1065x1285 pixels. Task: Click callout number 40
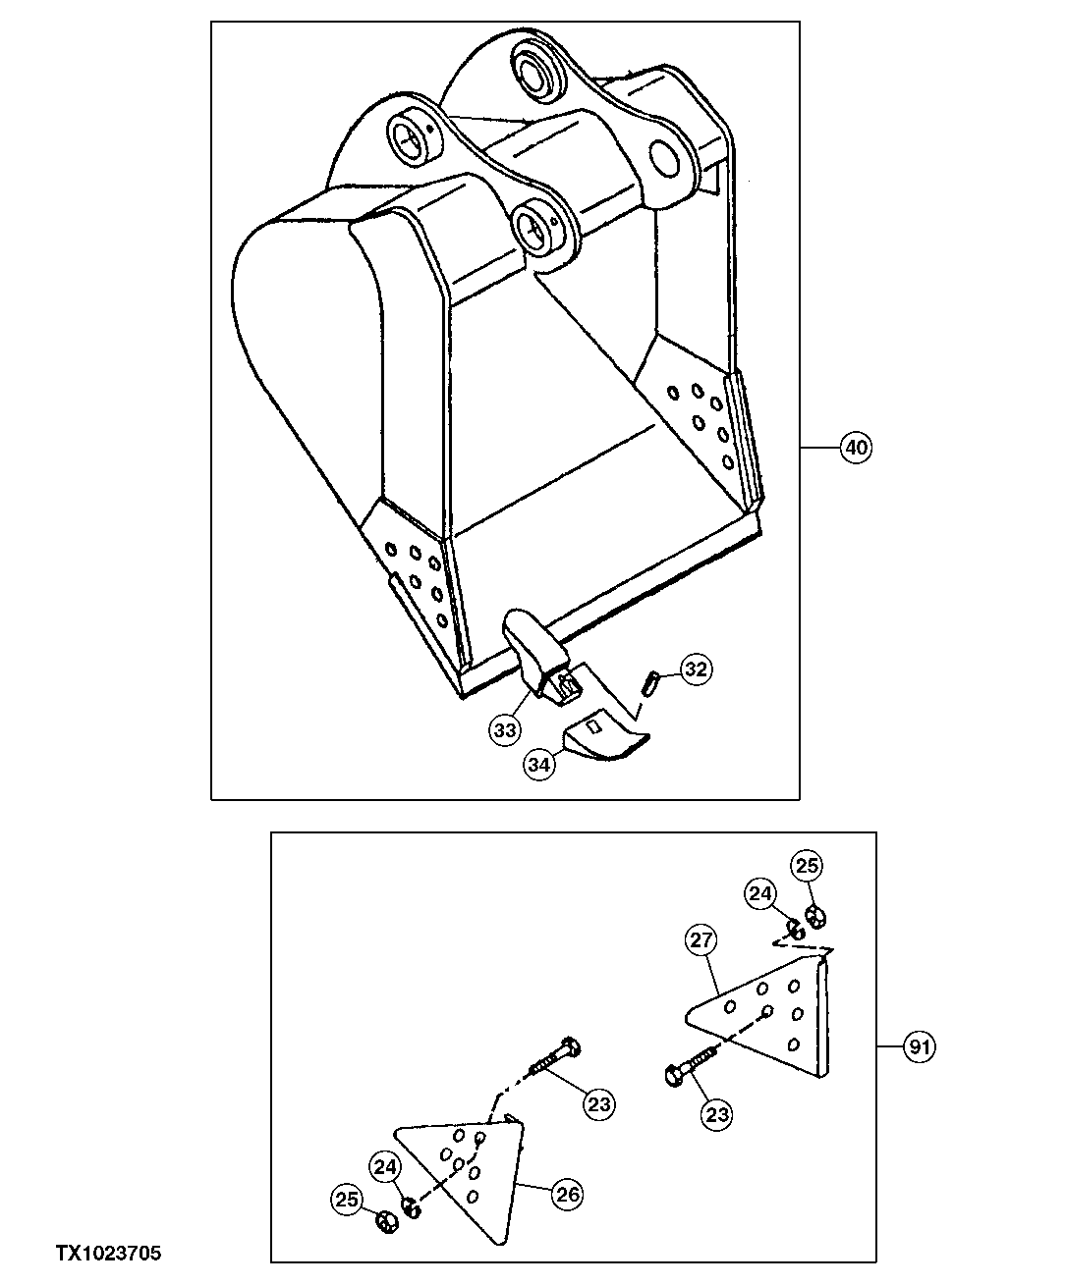[856, 448]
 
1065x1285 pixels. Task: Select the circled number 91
[918, 1047]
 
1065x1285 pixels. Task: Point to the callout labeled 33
[505, 730]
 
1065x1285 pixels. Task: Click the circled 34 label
[537, 765]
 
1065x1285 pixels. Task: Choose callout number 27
[700, 940]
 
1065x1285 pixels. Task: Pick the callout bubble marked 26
[568, 1195]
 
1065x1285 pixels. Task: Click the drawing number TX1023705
[108, 1254]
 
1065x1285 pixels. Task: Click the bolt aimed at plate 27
[691, 1067]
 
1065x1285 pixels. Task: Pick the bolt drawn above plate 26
[555, 1058]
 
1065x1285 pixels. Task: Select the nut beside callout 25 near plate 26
[387, 1222]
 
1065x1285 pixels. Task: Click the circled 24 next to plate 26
[385, 1168]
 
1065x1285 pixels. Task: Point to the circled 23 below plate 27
[718, 1114]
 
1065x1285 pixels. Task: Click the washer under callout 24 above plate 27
[794, 926]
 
